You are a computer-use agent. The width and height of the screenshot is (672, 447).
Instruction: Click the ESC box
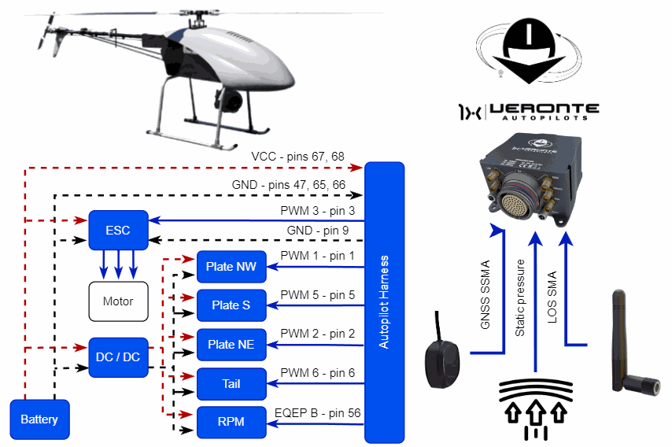118,231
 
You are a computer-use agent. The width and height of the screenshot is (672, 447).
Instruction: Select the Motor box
118,301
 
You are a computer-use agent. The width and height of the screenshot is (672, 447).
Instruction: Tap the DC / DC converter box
118,356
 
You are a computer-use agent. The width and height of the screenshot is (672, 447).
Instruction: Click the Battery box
39,419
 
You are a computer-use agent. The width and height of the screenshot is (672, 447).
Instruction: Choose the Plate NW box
231,267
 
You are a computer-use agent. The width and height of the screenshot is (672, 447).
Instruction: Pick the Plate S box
231,305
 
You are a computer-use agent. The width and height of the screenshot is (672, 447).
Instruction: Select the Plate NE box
231,344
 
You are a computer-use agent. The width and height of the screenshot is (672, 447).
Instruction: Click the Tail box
231,383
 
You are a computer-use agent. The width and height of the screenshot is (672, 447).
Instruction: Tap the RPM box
231,422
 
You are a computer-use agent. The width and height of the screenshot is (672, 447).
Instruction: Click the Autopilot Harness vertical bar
384,302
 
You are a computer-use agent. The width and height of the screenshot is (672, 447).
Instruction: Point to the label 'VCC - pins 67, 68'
297,157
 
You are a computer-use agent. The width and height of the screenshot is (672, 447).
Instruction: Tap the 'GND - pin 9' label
318,230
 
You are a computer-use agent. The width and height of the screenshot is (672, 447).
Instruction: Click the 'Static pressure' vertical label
520,298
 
